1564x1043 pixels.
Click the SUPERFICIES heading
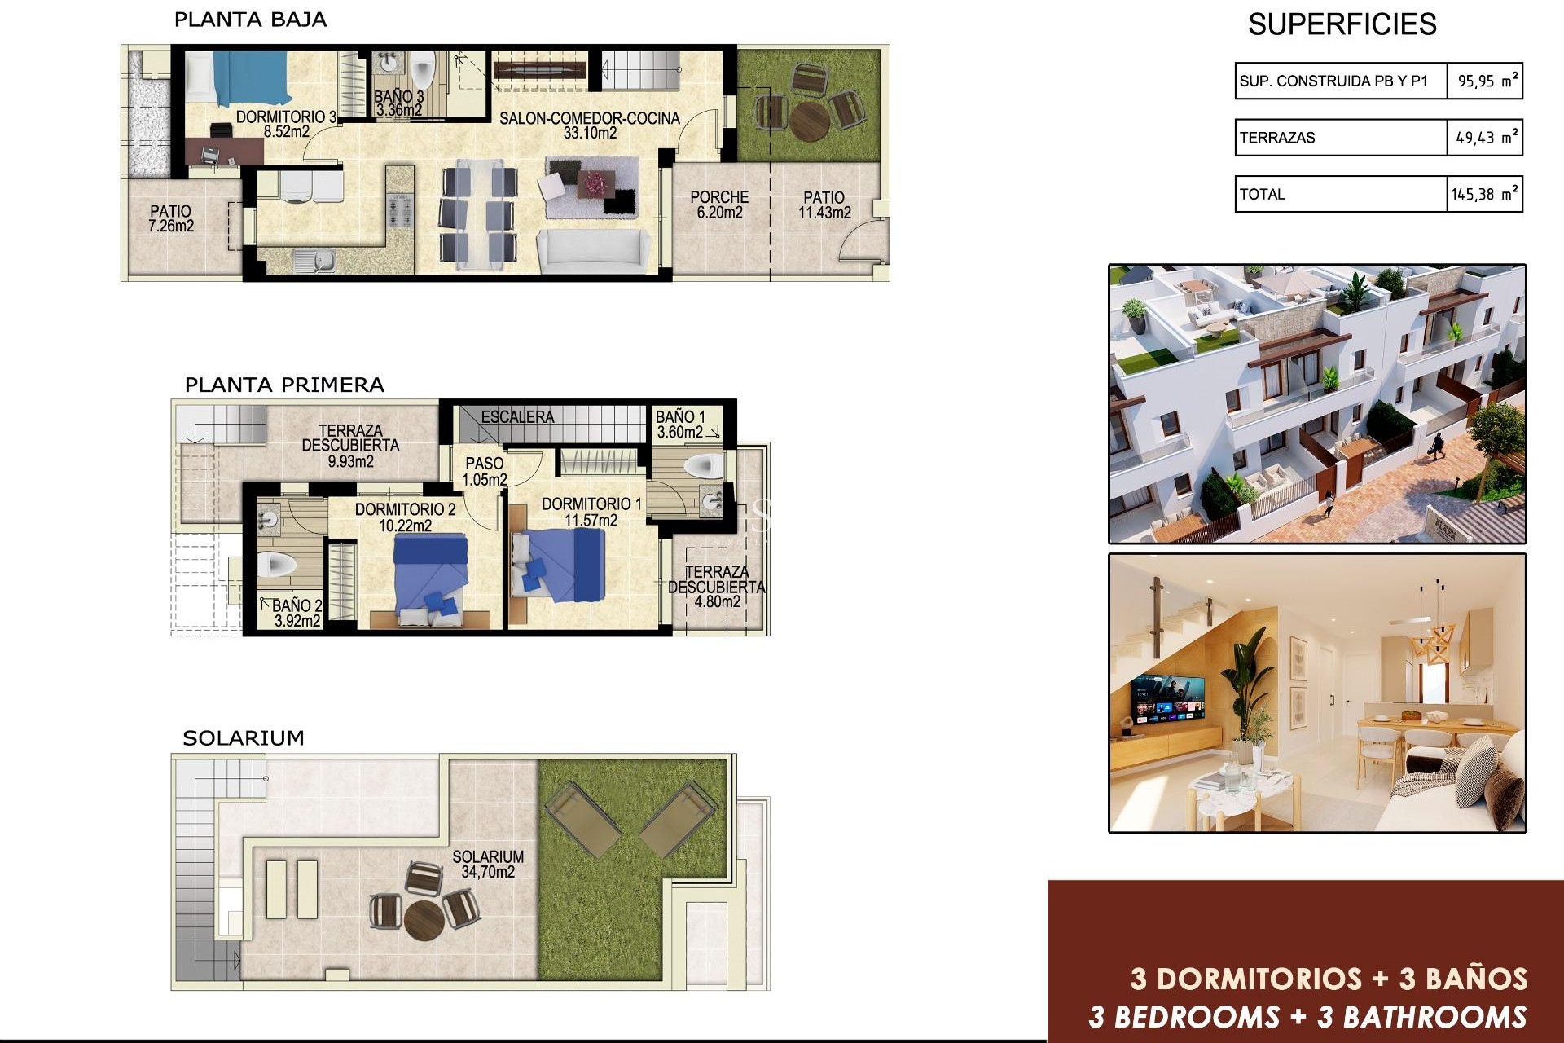click(1342, 24)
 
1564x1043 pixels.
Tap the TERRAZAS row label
click(1277, 138)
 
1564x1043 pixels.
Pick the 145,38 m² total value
click(1483, 195)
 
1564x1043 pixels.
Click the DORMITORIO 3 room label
click(286, 124)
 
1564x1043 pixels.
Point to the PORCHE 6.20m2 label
click(719, 205)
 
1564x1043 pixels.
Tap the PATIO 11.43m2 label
click(824, 205)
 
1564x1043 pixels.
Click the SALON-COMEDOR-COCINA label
click(589, 125)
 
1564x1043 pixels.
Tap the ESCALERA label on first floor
click(517, 417)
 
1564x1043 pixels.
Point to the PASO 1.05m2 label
click(485, 471)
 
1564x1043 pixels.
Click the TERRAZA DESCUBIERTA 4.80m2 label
click(717, 587)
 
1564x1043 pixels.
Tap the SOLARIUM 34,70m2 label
click(488, 864)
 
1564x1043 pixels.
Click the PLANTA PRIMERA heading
click(284, 385)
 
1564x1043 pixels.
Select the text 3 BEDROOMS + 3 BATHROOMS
click(1307, 1017)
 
